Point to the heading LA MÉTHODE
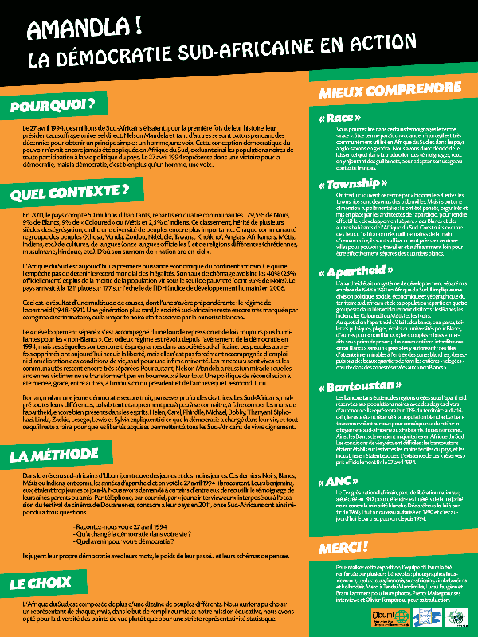click(57, 456)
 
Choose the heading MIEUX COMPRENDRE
click(370, 92)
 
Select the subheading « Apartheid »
click(349, 272)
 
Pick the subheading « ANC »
click(333, 482)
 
